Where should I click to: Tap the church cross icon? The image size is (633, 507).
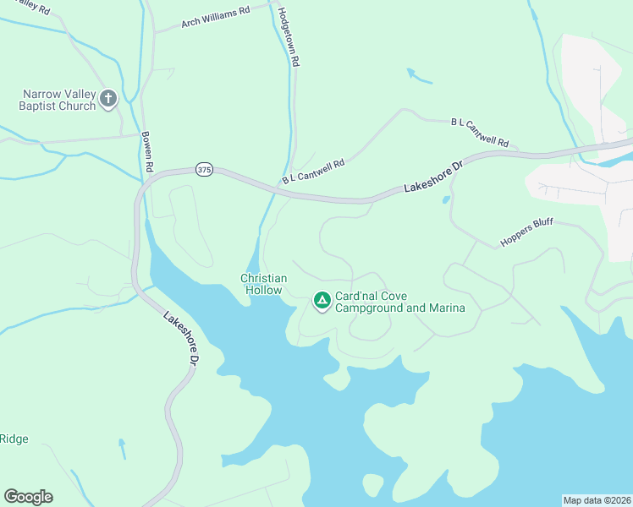pos(107,99)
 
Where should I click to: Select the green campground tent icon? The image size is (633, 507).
pos(322,300)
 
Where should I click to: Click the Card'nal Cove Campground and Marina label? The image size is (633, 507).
pos(400,302)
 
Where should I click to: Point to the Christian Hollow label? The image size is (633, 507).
pos(263,284)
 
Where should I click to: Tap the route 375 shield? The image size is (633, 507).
pos(203,169)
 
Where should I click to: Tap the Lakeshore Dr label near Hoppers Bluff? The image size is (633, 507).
pos(434,177)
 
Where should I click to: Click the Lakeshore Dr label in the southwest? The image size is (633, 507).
pos(181,339)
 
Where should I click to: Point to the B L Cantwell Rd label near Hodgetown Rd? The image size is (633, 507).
pos(314,172)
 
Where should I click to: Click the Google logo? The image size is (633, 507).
pos(28,497)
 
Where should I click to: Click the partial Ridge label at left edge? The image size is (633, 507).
pos(14,439)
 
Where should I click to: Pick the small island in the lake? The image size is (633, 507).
pos(372,484)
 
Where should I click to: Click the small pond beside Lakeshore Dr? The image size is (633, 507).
pos(446,200)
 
